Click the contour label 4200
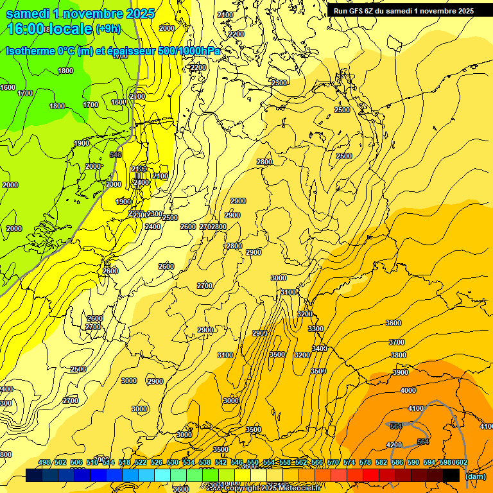394,445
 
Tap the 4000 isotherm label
408,390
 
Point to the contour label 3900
400,372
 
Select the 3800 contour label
398,355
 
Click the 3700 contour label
397,342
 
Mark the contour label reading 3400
319,349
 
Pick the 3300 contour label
315,329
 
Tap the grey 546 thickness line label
116,155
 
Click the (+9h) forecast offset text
107,28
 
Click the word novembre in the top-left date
95,13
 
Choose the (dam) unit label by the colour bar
476,476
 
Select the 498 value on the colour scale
44,462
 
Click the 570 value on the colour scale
333,462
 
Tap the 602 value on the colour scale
460,462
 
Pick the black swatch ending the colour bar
451,475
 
